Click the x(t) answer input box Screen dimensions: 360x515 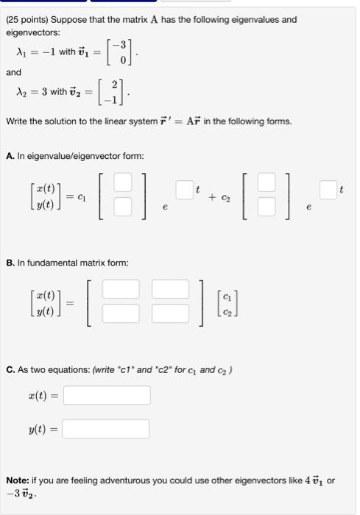coord(106,396)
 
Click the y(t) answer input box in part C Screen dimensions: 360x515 coord(106,429)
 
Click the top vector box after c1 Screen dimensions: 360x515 coord(123,181)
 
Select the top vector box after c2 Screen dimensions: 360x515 coord(271,181)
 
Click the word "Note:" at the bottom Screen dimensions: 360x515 coord(18,480)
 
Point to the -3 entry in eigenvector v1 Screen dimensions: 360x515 coord(125,46)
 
